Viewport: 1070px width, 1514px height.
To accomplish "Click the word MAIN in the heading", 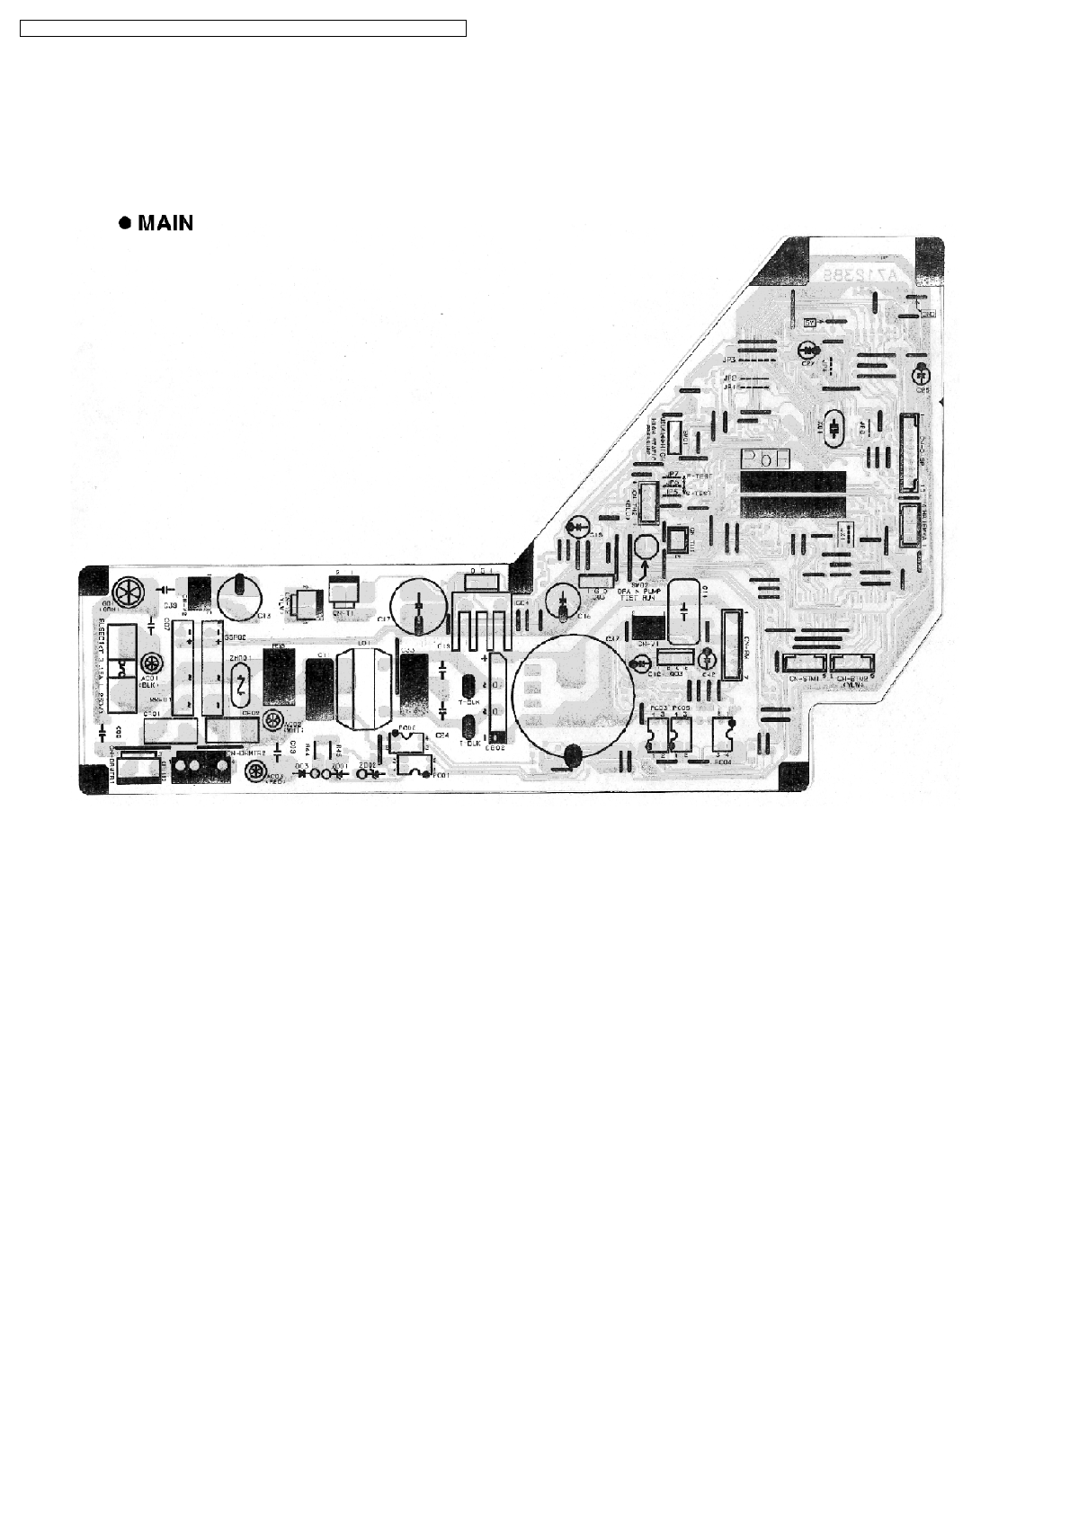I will coord(166,223).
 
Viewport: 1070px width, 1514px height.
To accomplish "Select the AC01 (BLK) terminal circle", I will coord(127,664).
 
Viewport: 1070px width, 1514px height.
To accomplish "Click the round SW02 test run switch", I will coord(645,546).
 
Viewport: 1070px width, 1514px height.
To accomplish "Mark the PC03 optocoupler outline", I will coord(655,736).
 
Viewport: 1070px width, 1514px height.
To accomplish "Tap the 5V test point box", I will coord(808,323).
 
